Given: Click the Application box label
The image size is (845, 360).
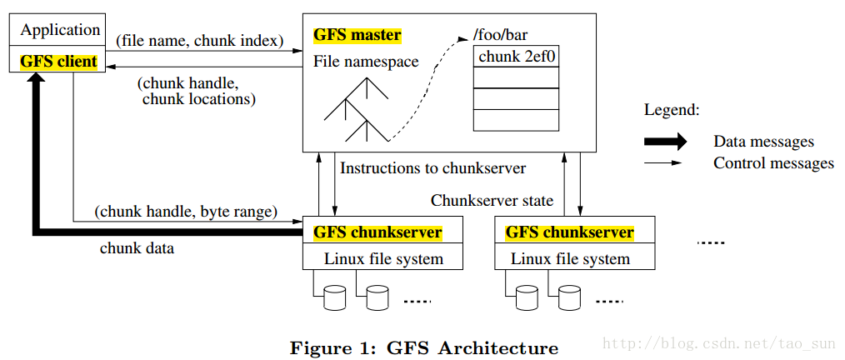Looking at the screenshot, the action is (x=60, y=30).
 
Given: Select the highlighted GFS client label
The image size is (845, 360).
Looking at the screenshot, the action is (x=58, y=62).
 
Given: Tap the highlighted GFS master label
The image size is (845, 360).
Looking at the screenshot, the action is (x=357, y=36).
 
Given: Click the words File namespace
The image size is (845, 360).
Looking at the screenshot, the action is (x=366, y=62).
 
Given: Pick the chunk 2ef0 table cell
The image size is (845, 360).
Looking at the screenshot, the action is (x=517, y=56).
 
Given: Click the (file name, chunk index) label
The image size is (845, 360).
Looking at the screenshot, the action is (x=199, y=41).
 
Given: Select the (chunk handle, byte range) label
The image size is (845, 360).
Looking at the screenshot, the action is (x=186, y=212).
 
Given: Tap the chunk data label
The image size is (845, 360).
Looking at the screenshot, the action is (x=137, y=248).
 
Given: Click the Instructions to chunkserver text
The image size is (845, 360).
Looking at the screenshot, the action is (x=432, y=167).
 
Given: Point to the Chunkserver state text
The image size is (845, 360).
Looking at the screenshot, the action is (x=492, y=201).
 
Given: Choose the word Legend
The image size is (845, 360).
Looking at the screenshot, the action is (x=672, y=111).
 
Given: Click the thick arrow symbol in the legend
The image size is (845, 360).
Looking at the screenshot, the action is (x=666, y=141).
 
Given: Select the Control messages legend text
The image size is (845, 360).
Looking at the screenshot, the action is (x=774, y=162).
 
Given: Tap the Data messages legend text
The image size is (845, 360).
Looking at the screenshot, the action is (x=763, y=142).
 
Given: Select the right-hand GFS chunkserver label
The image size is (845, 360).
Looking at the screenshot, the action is (x=570, y=232).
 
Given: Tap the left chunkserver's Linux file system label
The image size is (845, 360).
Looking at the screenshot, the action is (x=383, y=258).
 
